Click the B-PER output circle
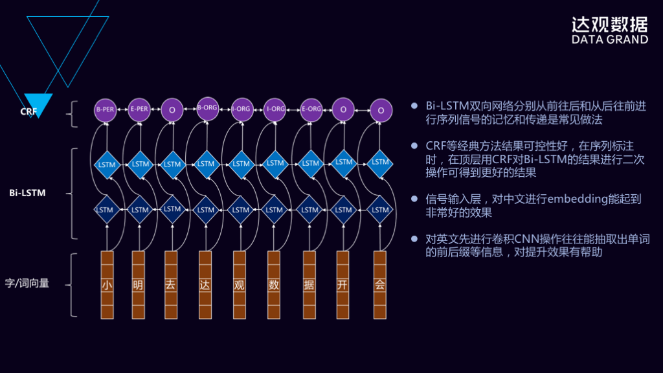coord(104,109)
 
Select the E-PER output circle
coord(139,109)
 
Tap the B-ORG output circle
coord(207,107)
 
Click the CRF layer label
coord(28,111)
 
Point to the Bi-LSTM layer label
coord(28,193)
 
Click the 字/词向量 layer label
coord(27,283)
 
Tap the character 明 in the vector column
coord(138,285)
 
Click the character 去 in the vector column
coord(170,285)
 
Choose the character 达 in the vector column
coord(205,285)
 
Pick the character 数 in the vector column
coord(275,285)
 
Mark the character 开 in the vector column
coord(343,285)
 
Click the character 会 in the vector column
coord(380,285)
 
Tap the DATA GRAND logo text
coord(609,40)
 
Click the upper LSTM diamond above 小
coord(106,164)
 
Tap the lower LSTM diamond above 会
coord(381,209)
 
